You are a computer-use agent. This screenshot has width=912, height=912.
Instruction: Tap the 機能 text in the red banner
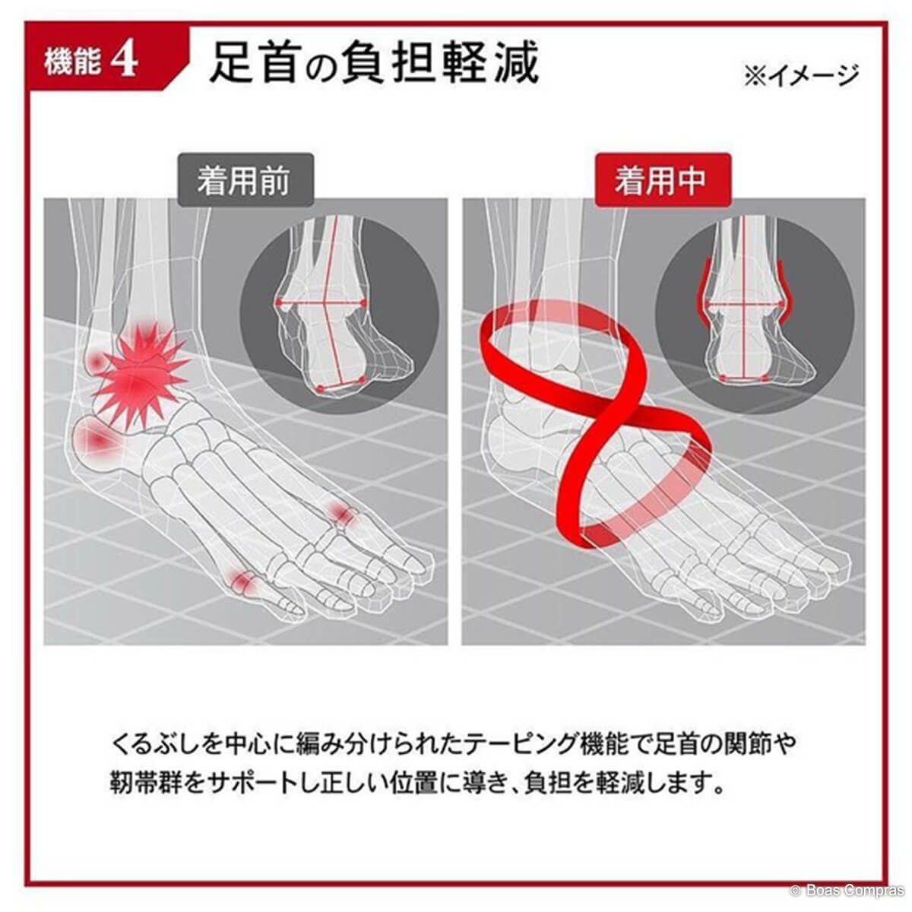(x=73, y=61)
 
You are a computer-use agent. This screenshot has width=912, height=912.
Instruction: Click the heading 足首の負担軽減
(x=375, y=62)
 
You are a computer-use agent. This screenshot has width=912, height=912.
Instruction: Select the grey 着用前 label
(x=245, y=180)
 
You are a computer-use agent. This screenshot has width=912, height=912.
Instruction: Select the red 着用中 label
(x=663, y=180)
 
